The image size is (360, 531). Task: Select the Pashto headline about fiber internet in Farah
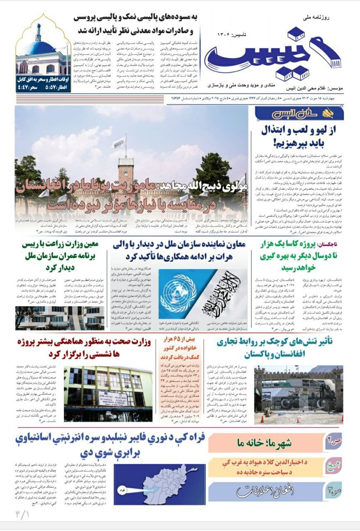pyautogui.click(x=112, y=445)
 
